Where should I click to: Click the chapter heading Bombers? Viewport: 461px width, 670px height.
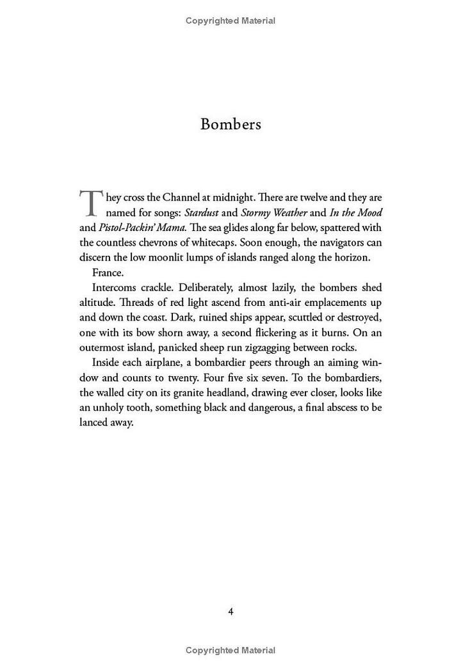pos(230,124)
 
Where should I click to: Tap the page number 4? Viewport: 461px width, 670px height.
pos(230,611)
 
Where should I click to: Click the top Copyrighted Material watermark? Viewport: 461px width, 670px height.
pos(230,20)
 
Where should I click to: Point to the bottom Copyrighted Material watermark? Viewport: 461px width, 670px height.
pos(230,650)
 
